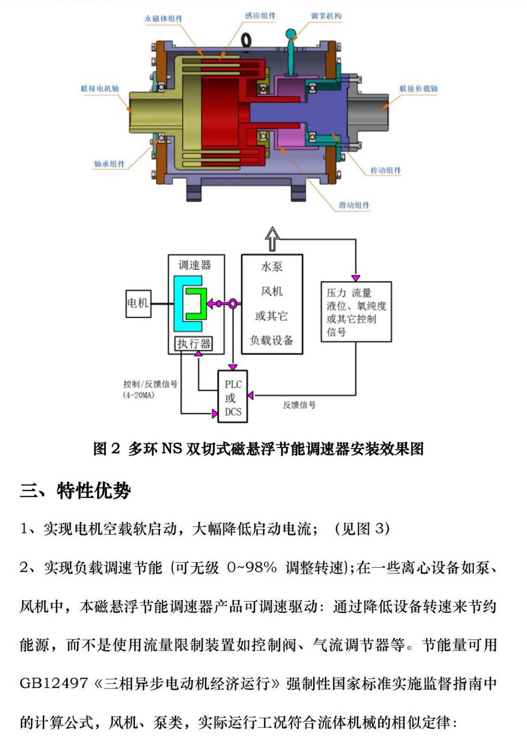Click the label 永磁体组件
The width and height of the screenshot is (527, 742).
(163, 19)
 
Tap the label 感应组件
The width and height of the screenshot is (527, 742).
(260, 16)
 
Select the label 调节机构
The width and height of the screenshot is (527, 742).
(326, 16)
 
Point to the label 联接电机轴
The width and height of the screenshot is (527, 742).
(100, 88)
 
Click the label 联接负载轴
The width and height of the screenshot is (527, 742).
(418, 88)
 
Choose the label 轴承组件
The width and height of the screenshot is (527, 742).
(109, 164)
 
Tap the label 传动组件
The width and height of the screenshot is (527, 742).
(385, 170)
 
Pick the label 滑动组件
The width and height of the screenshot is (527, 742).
(354, 205)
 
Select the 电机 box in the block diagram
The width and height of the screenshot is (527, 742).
(138, 303)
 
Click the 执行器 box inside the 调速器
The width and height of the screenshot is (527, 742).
(194, 343)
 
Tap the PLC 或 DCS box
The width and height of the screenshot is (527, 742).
(233, 397)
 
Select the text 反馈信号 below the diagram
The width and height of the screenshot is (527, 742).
(299, 405)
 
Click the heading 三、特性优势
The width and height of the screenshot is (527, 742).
(75, 491)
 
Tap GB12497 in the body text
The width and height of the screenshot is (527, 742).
(54, 683)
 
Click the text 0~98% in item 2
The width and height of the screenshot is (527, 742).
(252, 567)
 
